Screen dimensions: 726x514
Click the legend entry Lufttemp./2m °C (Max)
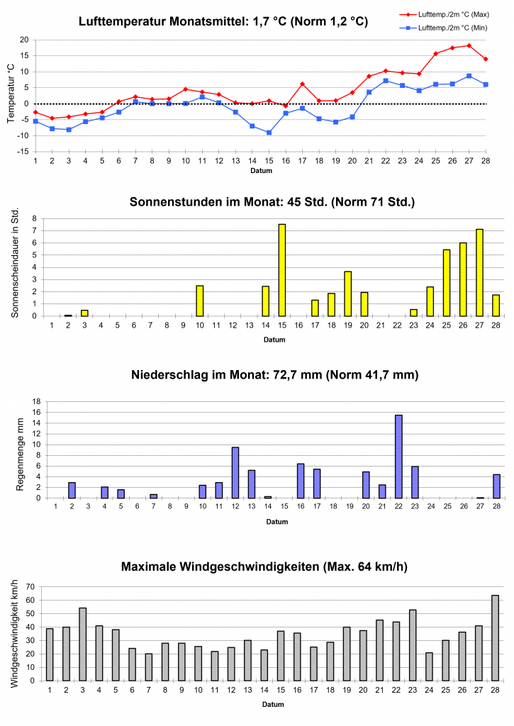point(447,13)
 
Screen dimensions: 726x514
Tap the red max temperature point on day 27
point(469,45)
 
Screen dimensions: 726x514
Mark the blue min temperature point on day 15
point(269,133)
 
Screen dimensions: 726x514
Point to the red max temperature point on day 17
point(302,84)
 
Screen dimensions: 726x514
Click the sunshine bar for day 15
point(282,270)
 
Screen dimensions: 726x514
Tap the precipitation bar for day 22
point(398,457)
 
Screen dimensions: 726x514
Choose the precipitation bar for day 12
point(235,473)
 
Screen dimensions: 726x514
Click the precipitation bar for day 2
point(72,490)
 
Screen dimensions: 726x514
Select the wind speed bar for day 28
point(495,638)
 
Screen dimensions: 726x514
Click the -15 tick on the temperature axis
point(23,152)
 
